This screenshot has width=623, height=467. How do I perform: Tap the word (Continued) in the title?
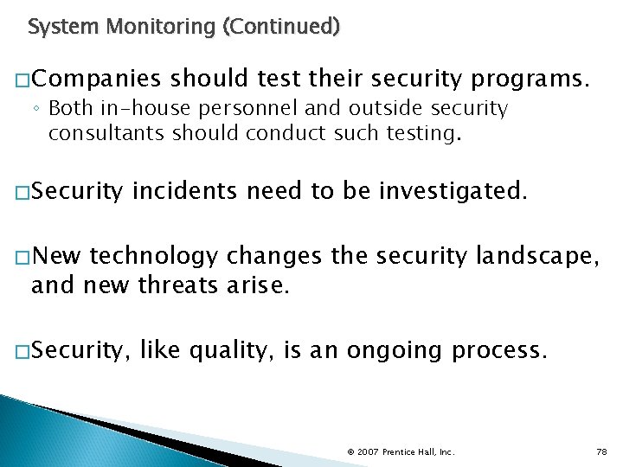pos(281,27)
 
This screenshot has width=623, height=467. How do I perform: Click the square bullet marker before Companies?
pos(22,81)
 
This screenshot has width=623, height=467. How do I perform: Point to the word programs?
pos(531,80)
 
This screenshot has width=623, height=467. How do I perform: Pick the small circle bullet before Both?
pos(39,110)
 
